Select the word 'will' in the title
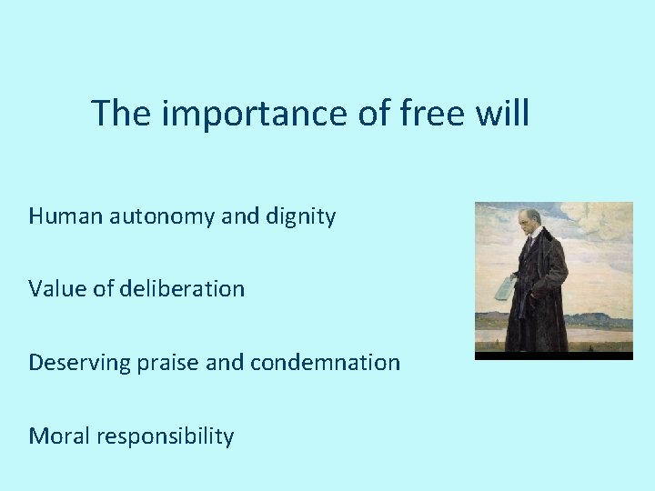click(x=503, y=114)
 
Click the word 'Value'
click(x=56, y=289)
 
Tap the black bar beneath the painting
click(x=553, y=356)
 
